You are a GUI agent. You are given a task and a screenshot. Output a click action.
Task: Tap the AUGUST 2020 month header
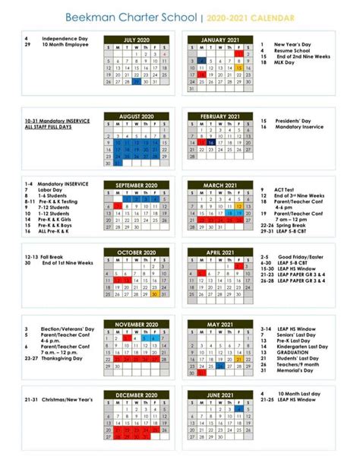pyautogui.click(x=136, y=117)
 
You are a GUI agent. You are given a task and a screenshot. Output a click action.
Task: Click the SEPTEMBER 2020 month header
pyautogui.click(x=136, y=185)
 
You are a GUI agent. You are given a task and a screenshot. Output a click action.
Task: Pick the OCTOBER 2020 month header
pyautogui.click(x=136, y=252)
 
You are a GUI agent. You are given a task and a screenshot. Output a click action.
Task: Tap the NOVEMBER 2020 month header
pyautogui.click(x=136, y=325)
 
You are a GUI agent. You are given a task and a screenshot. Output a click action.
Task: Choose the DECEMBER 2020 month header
pyautogui.click(x=136, y=396)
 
